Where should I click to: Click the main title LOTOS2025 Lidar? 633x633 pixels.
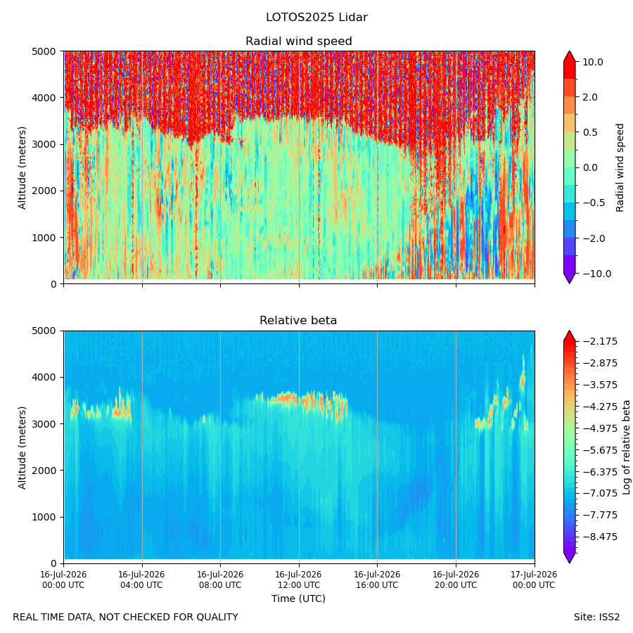[316, 18]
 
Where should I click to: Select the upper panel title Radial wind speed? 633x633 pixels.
[299, 41]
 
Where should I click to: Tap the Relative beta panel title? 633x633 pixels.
[298, 320]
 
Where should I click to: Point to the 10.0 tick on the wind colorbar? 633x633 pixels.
[593, 62]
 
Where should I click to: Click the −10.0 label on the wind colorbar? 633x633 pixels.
[596, 274]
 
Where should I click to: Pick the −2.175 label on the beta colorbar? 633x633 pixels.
[600, 342]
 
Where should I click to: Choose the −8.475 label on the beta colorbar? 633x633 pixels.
[600, 537]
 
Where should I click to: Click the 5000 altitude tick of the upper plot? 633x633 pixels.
[44, 51]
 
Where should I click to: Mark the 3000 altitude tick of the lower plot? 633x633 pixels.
[44, 424]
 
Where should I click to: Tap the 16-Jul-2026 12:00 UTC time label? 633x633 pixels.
[298, 580]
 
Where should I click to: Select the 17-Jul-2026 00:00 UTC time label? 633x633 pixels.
[535, 580]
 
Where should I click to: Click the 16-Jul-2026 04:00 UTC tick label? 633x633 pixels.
[141, 580]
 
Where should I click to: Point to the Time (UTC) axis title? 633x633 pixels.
[298, 599]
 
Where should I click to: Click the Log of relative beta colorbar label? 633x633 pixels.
[626, 447]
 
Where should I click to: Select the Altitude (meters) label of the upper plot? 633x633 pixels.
[22, 168]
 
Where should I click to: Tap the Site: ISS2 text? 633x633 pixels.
[596, 617]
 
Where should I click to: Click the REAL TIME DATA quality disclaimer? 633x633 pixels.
[126, 617]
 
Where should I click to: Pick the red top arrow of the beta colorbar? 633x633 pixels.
[569, 336]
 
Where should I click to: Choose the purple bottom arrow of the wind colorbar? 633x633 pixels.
[569, 278]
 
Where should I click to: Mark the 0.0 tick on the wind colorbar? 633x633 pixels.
[590, 168]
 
